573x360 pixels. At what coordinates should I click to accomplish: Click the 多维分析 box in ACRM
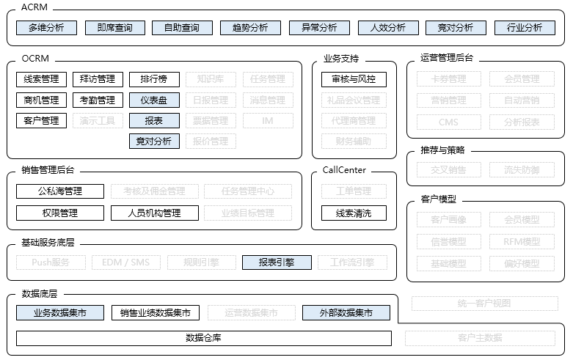tap(46, 28)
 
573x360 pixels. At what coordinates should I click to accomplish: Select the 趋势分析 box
tap(250, 28)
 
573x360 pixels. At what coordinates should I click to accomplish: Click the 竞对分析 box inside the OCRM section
tap(154, 141)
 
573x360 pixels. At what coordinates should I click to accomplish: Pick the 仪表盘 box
tap(154, 100)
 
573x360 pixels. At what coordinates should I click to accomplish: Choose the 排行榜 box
tap(154, 79)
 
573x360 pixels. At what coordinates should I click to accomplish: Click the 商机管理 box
tap(41, 100)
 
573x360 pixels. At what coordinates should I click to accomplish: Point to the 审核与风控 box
tap(354, 79)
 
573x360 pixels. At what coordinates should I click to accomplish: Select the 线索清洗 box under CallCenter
tap(354, 213)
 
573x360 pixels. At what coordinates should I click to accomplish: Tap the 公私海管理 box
tap(60, 191)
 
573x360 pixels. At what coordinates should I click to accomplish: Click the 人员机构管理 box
tap(155, 213)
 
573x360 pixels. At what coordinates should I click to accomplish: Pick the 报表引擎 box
tap(277, 262)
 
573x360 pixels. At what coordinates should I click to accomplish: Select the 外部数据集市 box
tap(346, 313)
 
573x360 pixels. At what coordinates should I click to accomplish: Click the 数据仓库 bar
tap(203, 338)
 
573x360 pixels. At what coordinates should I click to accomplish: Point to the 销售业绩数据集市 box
tap(156, 313)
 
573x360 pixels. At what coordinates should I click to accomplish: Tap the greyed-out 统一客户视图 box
tap(483, 303)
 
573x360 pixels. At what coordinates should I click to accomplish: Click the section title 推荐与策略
tap(443, 150)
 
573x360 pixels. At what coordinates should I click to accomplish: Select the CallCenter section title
tap(344, 170)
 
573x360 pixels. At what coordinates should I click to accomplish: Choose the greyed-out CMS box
tap(448, 122)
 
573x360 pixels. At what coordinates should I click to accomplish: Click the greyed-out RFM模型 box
tap(522, 241)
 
